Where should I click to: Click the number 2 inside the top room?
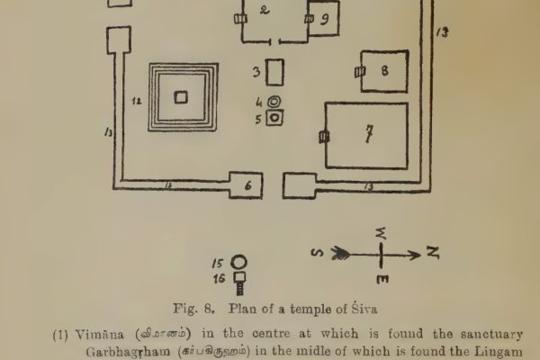[264, 11]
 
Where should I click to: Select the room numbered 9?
[324, 20]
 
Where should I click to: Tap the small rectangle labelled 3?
[275, 71]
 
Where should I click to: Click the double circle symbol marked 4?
[275, 102]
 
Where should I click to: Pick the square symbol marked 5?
[275, 118]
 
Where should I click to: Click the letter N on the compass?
[433, 254]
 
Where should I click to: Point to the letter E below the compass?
[383, 281]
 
